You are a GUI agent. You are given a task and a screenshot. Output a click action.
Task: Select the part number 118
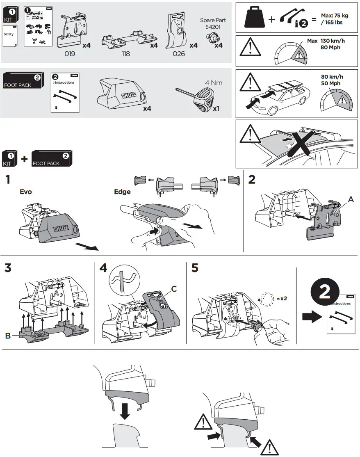point(126,54)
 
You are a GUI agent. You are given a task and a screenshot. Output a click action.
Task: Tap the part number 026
point(179,54)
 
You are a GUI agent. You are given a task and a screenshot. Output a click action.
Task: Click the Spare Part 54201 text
point(213,23)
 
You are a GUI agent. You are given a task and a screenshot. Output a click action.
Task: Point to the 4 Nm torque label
point(213,83)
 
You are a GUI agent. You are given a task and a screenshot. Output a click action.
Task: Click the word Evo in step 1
point(25,192)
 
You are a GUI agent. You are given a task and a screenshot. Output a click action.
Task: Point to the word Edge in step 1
point(122,192)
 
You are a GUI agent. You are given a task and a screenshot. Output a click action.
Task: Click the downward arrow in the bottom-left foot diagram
point(125,411)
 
